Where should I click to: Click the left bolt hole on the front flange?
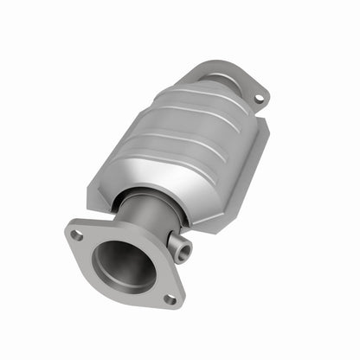[78, 235]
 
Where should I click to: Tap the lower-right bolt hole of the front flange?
[170, 299]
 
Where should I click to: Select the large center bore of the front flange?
[121, 265]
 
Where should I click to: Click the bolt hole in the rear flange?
[258, 99]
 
